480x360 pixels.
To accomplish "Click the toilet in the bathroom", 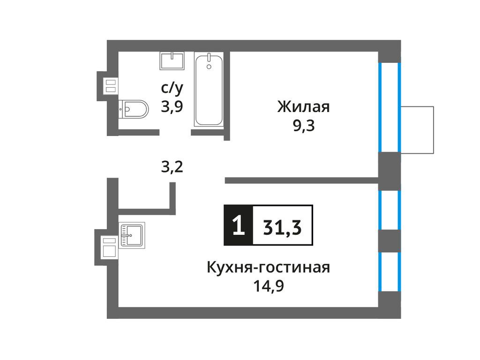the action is [134, 109].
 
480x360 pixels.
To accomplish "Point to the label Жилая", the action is [304, 107].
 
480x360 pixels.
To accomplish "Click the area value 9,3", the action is [304, 127].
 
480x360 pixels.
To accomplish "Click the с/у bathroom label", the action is [172, 87].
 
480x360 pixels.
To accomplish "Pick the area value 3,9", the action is [172, 106].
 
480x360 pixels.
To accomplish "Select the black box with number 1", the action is [238, 225].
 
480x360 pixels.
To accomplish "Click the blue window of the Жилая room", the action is [389, 108].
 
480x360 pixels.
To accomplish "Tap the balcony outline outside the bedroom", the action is [417, 130].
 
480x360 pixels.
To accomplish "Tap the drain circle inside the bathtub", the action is [209, 67].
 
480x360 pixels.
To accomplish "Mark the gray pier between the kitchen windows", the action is [389, 241].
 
